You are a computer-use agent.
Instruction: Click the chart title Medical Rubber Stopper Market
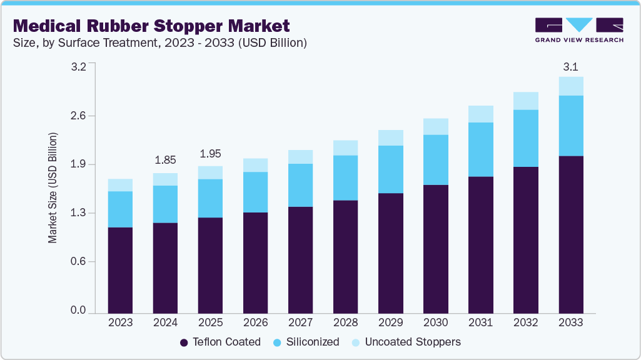151,26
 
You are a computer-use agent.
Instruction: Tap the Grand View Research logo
579,30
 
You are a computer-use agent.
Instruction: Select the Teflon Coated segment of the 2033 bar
570,234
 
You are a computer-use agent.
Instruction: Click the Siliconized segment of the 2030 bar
435,159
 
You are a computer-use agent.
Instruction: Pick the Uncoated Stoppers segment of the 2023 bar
120,185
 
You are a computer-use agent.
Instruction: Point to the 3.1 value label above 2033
570,67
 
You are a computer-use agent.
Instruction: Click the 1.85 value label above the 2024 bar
165,160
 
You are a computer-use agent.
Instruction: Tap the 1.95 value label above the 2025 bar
210,154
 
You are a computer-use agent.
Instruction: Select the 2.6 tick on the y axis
78,116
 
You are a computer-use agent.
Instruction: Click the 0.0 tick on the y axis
78,311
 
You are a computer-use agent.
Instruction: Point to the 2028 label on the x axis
345,323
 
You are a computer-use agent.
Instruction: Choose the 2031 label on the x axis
480,323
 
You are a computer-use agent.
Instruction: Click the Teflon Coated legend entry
220,342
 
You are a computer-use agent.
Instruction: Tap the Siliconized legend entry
306,342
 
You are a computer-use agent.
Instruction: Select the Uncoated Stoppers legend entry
406,342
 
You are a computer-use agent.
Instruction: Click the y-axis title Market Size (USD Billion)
53,187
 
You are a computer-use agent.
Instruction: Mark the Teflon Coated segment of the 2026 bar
255,262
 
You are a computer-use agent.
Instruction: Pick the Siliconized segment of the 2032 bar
525,138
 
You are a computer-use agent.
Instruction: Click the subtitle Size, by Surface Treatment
159,43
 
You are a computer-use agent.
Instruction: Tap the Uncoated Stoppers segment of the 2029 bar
390,137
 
